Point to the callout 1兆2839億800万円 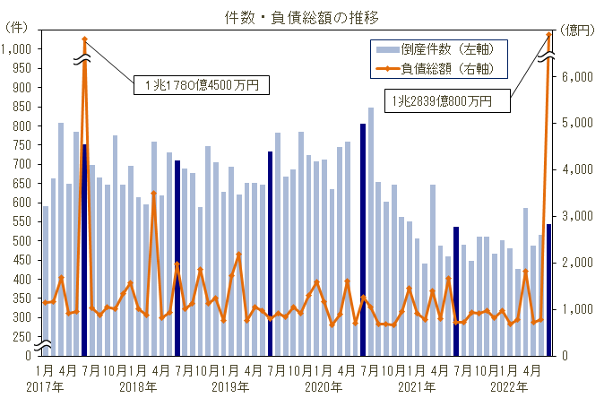(x=446, y=102)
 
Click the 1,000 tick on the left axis (x=17, y=48)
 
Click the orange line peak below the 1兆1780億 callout (x=84, y=39)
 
